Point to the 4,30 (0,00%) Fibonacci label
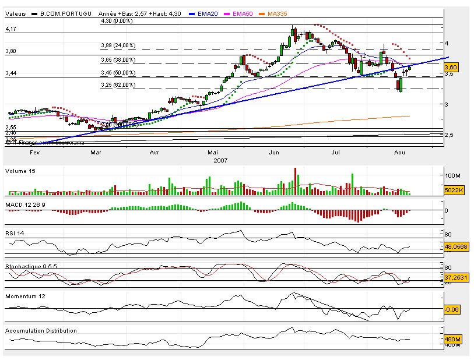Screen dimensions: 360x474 click(117, 21)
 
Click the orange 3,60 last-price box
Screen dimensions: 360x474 click(451, 68)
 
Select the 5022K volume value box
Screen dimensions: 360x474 click(452, 190)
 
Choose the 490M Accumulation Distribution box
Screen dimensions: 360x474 click(452, 339)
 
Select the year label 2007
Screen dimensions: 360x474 click(220, 160)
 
